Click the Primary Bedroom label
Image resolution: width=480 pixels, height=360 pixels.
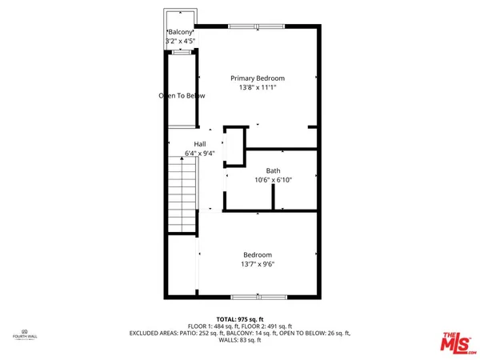(x=258, y=78)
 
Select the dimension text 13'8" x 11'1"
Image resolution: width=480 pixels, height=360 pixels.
(x=258, y=88)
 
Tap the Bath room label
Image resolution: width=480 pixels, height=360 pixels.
(x=273, y=170)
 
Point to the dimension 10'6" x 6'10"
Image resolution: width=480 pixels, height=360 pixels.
(x=273, y=180)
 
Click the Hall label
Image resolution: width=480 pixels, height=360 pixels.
(x=189, y=144)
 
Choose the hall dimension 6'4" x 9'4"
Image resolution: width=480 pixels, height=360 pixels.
(x=189, y=153)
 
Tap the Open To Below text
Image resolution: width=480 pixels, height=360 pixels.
(x=182, y=96)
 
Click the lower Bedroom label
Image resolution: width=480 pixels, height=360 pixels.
(x=258, y=255)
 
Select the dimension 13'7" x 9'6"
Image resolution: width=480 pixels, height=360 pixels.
(x=258, y=265)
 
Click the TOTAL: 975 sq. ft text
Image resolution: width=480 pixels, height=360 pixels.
(x=239, y=319)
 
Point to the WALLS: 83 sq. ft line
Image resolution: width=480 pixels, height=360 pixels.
(x=239, y=339)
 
